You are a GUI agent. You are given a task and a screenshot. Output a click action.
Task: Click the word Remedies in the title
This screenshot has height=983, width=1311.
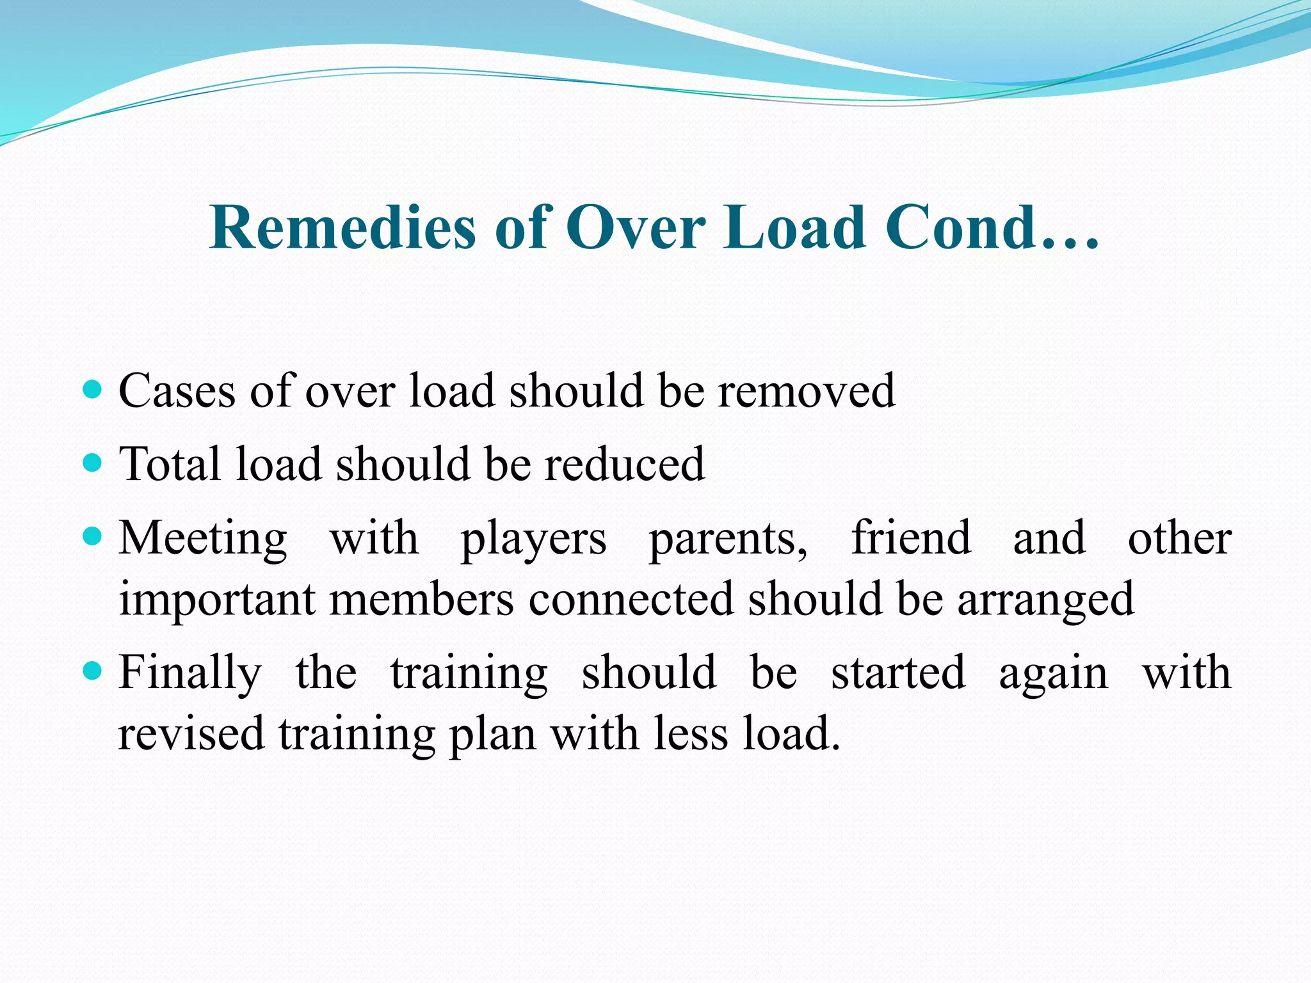pos(342,228)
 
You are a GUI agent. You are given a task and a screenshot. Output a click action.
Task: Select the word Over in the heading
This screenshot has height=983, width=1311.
pos(636,228)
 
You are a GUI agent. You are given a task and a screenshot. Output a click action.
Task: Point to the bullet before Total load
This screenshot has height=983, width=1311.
pos(93,462)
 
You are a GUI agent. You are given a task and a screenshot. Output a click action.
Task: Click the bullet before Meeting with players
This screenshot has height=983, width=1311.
pos(93,536)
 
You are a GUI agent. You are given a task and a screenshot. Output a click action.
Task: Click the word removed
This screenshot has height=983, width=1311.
pos(806,391)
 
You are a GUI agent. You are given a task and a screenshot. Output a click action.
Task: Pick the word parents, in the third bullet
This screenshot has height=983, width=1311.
pos(728,539)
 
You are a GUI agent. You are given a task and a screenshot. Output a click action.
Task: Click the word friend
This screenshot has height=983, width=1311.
pos(911,538)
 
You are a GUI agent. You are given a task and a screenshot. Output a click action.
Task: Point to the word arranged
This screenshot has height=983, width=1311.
pos(1045,600)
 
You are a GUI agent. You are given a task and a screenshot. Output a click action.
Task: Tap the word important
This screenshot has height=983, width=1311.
pos(217,600)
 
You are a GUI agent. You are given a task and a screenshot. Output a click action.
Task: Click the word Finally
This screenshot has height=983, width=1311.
pos(190,674)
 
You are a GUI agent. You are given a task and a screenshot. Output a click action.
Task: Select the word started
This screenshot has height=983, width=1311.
pos(898,673)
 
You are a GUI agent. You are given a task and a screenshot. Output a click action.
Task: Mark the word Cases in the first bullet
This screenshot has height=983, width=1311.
pos(177,391)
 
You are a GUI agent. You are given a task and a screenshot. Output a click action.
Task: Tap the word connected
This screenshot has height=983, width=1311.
pos(631,600)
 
